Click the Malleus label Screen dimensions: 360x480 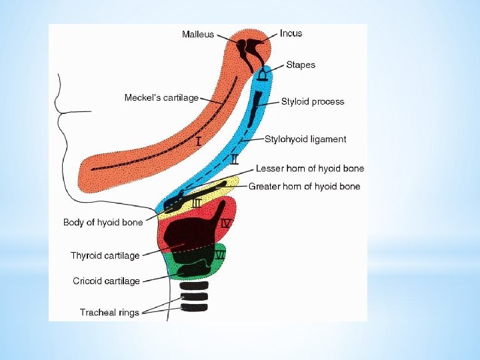198,34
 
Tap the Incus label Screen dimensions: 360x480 291,33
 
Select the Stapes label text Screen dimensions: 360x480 301,65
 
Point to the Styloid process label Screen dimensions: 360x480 313,102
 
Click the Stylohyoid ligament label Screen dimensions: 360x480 305,139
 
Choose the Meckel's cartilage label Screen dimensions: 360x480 161,98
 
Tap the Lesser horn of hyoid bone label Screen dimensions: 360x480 310,169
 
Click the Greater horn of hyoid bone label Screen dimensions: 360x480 304,187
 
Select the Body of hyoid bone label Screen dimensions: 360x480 103,222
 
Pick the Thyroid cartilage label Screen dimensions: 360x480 105,255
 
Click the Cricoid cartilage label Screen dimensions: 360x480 107,281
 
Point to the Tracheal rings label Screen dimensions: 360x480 109,312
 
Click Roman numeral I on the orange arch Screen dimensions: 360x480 199,141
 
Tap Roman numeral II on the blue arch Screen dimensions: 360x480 234,159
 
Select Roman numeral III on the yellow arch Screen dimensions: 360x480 197,203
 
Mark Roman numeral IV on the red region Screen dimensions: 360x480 225,224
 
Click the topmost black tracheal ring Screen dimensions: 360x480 194,285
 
